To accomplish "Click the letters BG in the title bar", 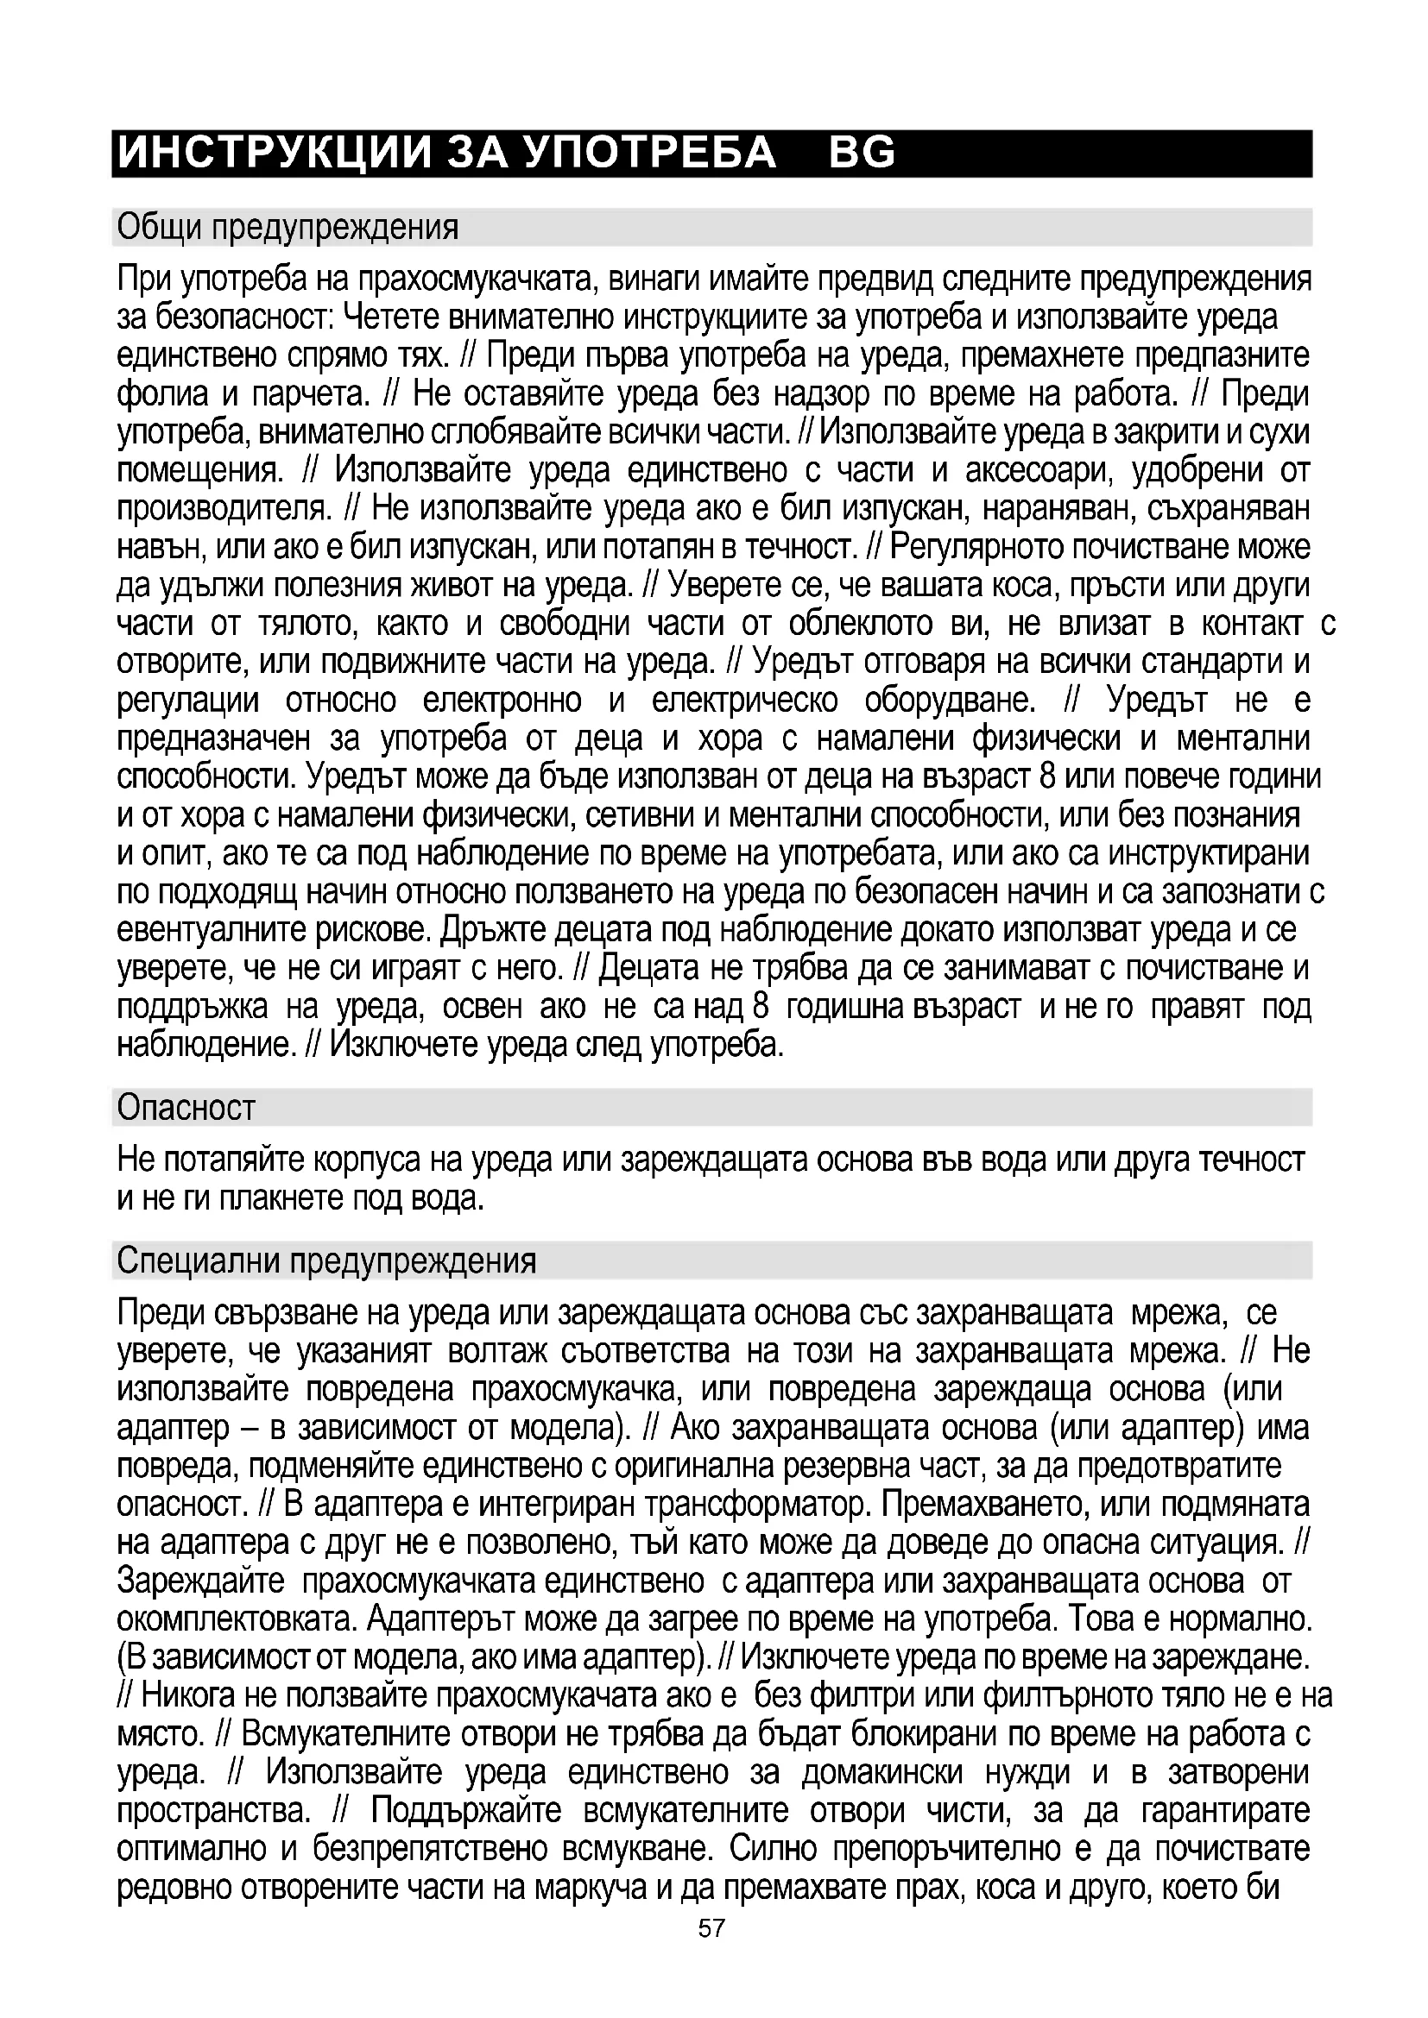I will point(862,153).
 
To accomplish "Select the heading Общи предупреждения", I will point(287,228).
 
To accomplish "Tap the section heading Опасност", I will point(186,1108).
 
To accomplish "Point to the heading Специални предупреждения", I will point(326,1260).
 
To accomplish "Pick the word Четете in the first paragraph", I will point(390,317).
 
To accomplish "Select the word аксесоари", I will point(1037,471).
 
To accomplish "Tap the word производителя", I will point(224,510).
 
